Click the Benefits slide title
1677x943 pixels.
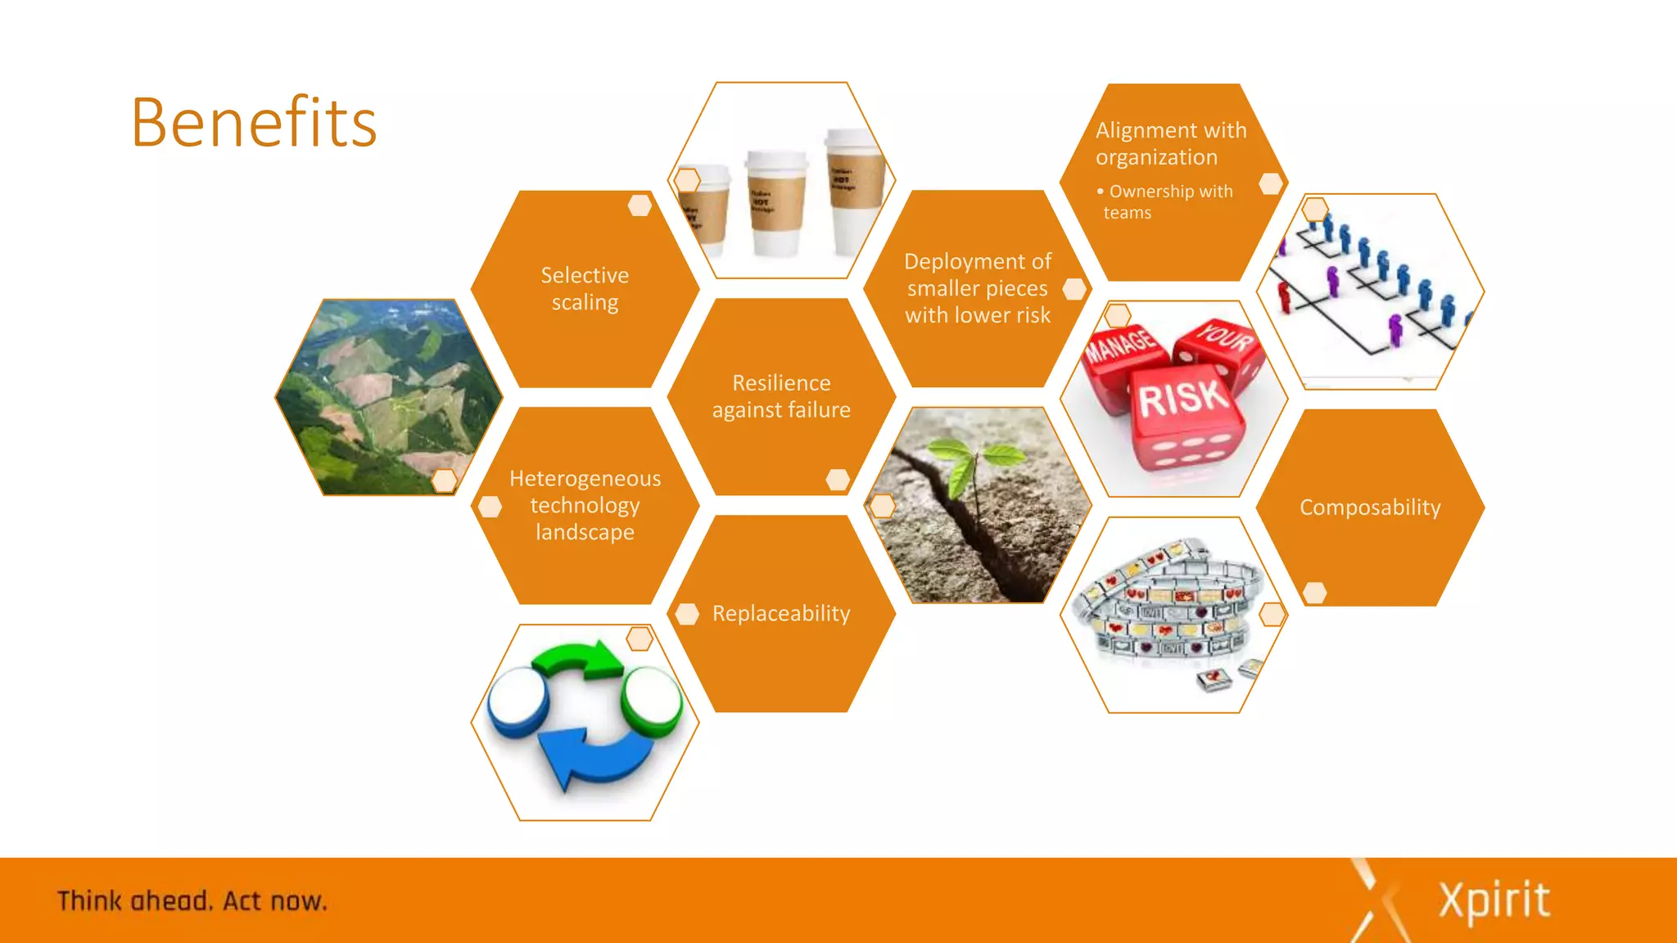pyautogui.click(x=254, y=123)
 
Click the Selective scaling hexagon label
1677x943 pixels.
pyautogui.click(x=585, y=289)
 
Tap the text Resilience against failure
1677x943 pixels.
pyautogui.click(x=781, y=396)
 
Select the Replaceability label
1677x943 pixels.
pyautogui.click(x=781, y=613)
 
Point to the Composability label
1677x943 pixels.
pyautogui.click(x=1370, y=508)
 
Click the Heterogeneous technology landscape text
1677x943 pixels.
pyautogui.click(x=585, y=505)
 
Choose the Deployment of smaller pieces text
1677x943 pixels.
pyautogui.click(x=978, y=288)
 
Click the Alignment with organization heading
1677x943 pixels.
pyautogui.click(x=1171, y=143)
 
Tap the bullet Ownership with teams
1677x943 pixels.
pyautogui.click(x=1167, y=201)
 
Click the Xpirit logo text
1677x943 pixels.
pyautogui.click(x=1494, y=900)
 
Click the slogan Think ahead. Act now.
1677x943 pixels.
pyautogui.click(x=192, y=901)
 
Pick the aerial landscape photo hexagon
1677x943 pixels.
pyautogui.click(x=388, y=397)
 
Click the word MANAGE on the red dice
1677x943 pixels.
pyautogui.click(x=1119, y=344)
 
